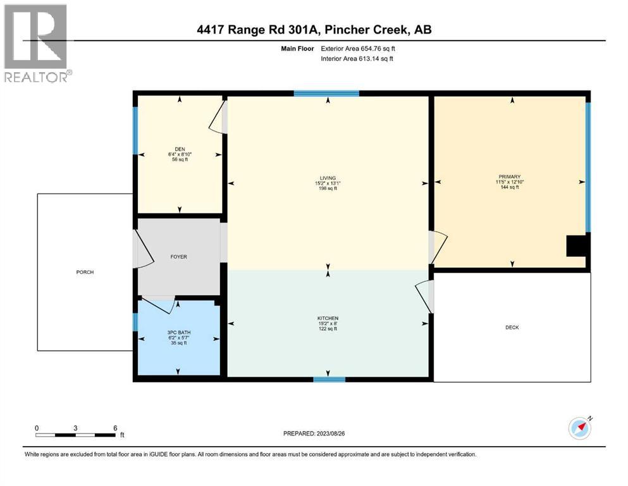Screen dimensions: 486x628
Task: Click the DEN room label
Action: point(179,149)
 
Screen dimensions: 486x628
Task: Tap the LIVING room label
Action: point(328,178)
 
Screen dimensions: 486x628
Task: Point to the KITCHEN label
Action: point(328,318)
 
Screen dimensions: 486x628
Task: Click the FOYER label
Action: point(178,257)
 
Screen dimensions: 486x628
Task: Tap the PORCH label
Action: point(85,272)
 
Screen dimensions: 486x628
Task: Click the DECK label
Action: point(512,327)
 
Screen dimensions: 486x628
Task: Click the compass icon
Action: point(580,428)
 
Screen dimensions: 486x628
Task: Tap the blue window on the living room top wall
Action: point(326,94)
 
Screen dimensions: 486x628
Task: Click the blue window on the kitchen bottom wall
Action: point(329,380)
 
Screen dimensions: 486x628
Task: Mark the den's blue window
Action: point(135,130)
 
